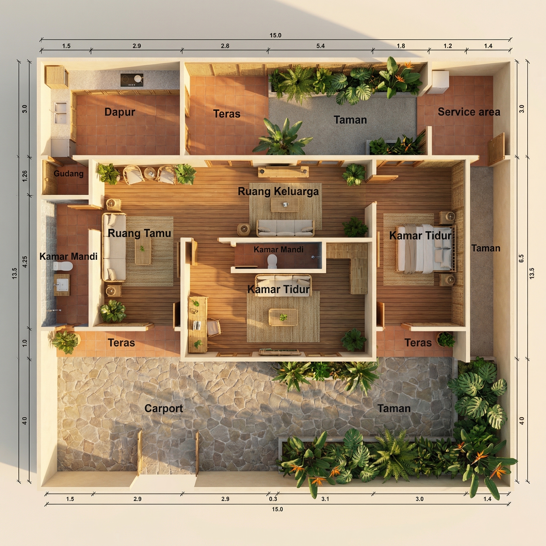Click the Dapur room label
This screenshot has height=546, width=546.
tap(120, 112)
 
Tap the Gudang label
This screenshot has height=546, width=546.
tap(69, 174)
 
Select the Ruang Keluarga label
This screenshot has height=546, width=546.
tap(278, 191)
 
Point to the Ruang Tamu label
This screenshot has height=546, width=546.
tap(139, 233)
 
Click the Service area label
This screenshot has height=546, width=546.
tap(469, 112)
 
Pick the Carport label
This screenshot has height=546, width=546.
tap(164, 408)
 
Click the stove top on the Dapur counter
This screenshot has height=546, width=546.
tap(132, 80)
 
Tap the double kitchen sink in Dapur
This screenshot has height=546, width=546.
tap(61, 113)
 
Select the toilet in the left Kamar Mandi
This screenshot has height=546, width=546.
tap(63, 266)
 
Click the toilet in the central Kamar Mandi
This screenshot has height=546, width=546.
tap(272, 261)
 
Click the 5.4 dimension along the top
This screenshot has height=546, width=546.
tap(320, 46)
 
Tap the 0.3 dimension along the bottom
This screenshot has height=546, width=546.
tap(273, 499)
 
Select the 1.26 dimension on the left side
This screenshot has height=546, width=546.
tap(25, 176)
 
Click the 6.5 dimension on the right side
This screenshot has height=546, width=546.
tap(521, 258)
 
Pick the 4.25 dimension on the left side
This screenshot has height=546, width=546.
tap(25, 262)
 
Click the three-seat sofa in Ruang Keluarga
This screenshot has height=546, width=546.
tap(286, 228)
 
